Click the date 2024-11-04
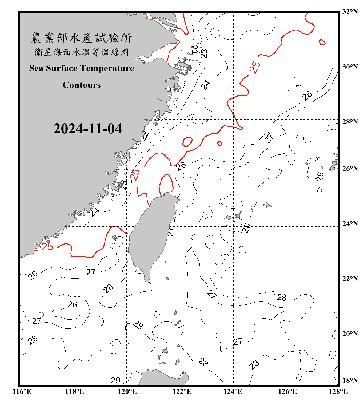pyautogui.click(x=88, y=129)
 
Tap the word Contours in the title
pyautogui.click(x=82, y=85)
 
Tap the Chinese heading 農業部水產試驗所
pyautogui.click(x=81, y=38)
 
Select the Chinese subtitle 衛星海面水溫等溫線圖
pyautogui.click(x=81, y=52)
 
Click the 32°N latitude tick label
pyautogui.click(x=350, y=12)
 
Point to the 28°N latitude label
pyautogui.click(x=350, y=122)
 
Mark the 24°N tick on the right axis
pyautogui.click(x=350, y=224)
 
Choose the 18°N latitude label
pyautogui.click(x=350, y=381)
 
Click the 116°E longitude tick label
pyautogui.click(x=22, y=391)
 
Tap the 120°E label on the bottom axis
pyautogui.click(x=127, y=391)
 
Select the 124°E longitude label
pyautogui.click(x=233, y=391)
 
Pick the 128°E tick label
pyautogui.click(x=338, y=391)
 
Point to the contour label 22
pyautogui.click(x=146, y=136)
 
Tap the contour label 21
pyautogui.click(x=195, y=49)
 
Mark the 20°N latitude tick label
pyautogui.click(x=350, y=334)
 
